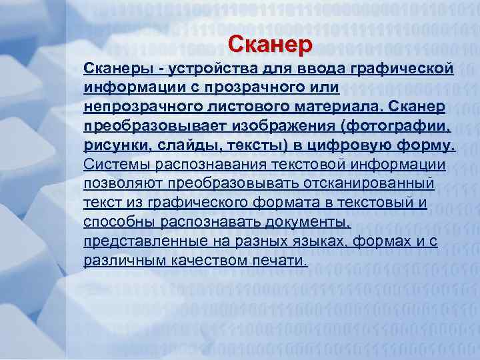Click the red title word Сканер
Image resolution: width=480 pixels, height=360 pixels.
tap(269, 45)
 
